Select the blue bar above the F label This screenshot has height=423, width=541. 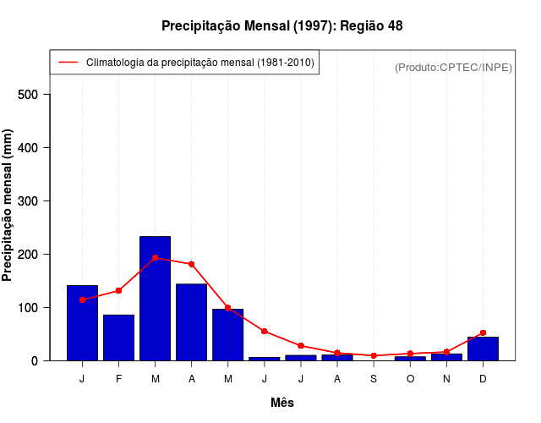(118, 338)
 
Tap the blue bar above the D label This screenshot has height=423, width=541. (483, 349)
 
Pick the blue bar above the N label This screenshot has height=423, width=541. (446, 356)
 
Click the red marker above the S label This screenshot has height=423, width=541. (374, 355)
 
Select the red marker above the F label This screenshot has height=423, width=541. (118, 290)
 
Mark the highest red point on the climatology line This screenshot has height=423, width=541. (155, 257)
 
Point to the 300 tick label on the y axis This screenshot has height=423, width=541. (29, 201)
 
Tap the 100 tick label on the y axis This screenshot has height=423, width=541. (29, 307)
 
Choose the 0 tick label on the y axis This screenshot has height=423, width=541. (36, 360)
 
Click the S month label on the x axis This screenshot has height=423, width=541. (374, 378)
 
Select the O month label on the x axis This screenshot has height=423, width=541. (410, 378)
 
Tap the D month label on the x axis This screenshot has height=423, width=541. (483, 378)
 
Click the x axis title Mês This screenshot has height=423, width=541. (282, 403)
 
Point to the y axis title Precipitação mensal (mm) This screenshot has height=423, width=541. (8, 206)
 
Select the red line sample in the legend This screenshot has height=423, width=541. (68, 62)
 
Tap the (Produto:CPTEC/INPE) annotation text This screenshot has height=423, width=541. (453, 67)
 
